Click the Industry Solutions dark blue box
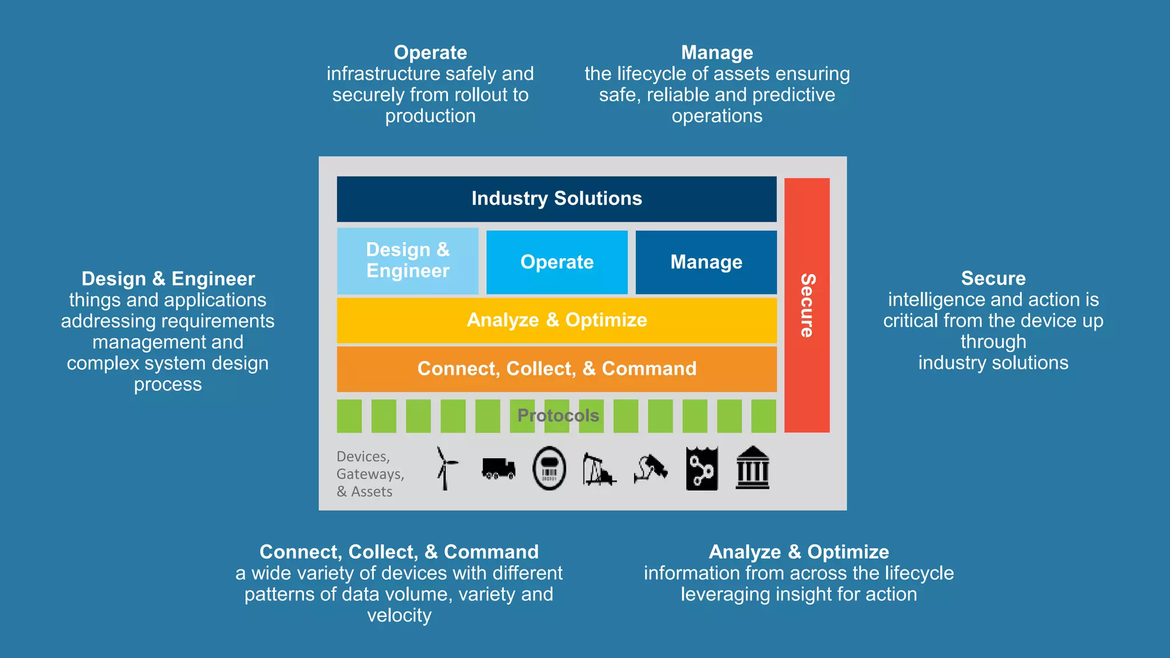tap(556, 199)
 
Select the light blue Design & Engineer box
tap(407, 261)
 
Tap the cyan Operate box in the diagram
tap(556, 262)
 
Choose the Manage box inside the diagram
tap(706, 262)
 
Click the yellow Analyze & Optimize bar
tap(556, 320)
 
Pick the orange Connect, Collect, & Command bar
tap(556, 369)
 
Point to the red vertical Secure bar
tap(807, 305)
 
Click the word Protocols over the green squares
tap(558, 415)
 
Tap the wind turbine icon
tap(446, 468)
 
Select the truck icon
tap(498, 468)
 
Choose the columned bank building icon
tap(752, 468)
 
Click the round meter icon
tap(549, 468)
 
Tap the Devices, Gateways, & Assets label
tap(370, 474)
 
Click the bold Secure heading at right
tap(993, 278)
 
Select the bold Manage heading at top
tap(717, 53)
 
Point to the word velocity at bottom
tap(399, 615)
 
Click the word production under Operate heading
tap(430, 116)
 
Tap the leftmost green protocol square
tap(349, 416)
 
